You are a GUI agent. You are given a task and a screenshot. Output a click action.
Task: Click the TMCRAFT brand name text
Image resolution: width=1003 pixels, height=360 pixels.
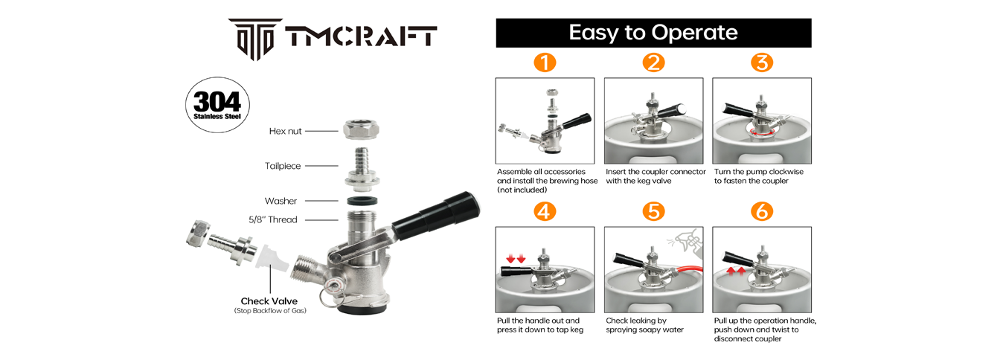coord(361,36)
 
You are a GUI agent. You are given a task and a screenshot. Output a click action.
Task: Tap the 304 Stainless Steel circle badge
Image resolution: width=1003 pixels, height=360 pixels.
coord(217,105)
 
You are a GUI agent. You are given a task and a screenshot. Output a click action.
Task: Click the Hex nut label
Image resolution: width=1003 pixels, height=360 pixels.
coord(285,131)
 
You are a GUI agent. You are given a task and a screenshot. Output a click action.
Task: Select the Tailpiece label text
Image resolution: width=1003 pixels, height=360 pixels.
coord(283,166)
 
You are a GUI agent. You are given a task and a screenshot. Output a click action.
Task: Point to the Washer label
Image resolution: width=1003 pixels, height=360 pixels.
coord(281,201)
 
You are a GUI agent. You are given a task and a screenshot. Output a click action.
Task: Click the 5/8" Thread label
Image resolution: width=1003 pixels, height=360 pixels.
coord(272,220)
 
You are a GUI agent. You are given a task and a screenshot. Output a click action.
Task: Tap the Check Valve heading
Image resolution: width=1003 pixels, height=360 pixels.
coord(269,301)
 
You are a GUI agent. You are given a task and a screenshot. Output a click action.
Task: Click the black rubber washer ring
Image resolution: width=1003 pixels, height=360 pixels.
coord(362,201)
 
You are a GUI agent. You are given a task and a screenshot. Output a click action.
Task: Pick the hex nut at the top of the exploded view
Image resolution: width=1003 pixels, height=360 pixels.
coord(361,130)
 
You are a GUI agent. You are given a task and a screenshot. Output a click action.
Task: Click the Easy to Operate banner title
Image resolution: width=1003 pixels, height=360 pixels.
coord(653,33)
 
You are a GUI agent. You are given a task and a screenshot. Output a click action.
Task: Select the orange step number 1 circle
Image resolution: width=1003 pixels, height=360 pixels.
coord(545,62)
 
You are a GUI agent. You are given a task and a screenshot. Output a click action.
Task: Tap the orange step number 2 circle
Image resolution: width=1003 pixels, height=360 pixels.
coord(654,62)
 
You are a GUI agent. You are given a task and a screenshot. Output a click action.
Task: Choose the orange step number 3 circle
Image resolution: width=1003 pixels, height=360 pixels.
coord(762,62)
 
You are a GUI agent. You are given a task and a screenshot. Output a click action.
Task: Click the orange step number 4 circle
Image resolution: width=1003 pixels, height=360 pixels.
coord(545,211)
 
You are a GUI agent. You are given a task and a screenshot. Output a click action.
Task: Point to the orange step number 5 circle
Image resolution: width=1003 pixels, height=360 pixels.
coord(654,211)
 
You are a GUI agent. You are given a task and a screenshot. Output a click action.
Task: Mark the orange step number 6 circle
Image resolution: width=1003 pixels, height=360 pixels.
coord(762,211)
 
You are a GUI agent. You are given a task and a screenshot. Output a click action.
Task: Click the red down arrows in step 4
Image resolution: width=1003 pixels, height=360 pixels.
coord(516,259)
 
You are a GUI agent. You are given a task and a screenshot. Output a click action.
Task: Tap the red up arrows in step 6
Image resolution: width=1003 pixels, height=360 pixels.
coord(736,271)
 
